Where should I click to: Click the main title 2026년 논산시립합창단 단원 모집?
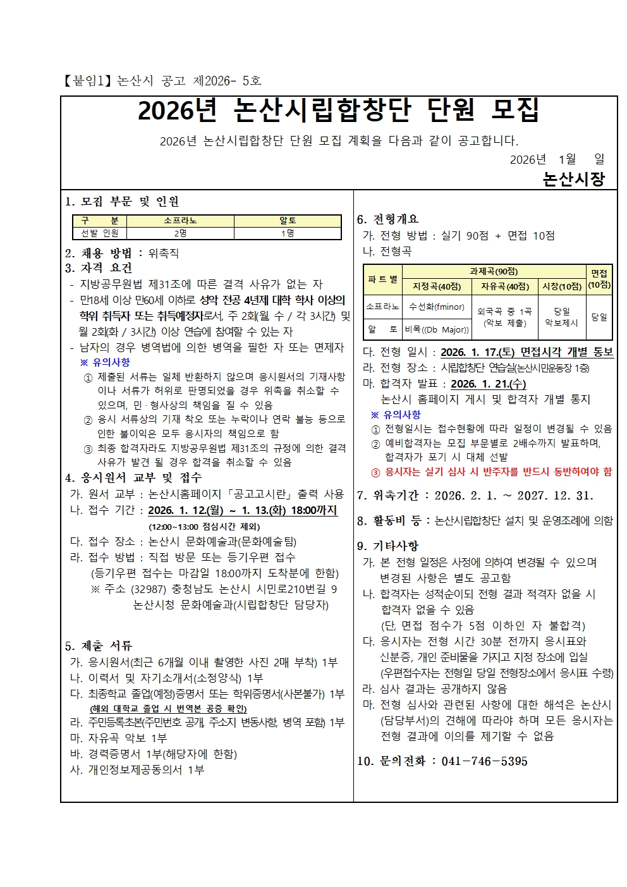(338, 111)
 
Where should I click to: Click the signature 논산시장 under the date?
(573, 179)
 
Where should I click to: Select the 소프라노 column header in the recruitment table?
(180, 221)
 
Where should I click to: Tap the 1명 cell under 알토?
(288, 233)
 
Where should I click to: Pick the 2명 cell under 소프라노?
(180, 233)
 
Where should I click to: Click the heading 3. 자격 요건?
(99, 268)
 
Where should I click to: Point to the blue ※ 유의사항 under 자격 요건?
(105, 362)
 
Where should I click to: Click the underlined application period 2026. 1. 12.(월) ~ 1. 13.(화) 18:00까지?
(243, 510)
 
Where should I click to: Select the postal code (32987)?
(148, 589)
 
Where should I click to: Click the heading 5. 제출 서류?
(99, 645)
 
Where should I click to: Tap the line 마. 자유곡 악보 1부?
(118, 738)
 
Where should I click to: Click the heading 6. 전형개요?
(387, 219)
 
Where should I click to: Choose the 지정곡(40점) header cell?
(436, 286)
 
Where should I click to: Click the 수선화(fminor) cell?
(436, 307)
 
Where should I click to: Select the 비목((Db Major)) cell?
(436, 329)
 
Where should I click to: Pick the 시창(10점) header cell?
(562, 286)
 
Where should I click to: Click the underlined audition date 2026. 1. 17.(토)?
(478, 352)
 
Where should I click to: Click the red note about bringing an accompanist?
(492, 472)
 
